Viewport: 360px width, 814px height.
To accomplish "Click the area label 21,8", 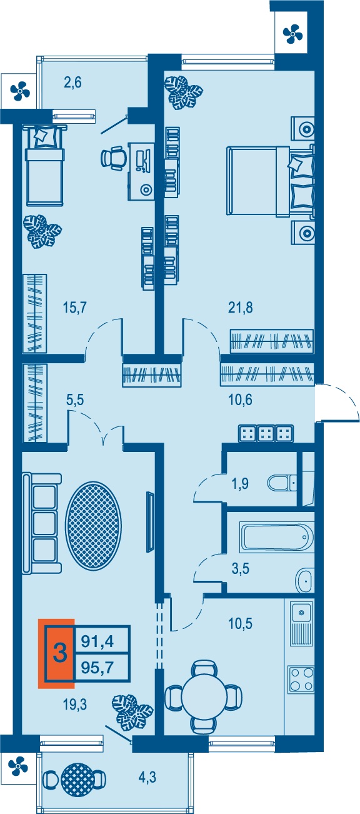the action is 240,308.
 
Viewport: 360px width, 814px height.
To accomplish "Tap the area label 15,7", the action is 74,308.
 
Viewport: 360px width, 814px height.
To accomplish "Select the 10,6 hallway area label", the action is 240,400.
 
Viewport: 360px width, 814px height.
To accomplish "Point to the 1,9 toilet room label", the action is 240,484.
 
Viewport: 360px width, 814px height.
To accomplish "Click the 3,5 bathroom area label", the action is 241,568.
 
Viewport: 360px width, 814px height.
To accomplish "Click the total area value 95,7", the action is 97,667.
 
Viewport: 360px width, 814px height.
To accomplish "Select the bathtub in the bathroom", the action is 276,536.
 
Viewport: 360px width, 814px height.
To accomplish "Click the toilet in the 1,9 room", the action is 282,483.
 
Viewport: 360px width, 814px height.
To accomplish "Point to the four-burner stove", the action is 301,679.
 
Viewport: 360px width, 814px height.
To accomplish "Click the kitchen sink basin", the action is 301,613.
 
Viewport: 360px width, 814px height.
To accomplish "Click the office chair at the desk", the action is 114,158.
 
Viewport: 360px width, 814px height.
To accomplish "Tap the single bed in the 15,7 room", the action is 45,164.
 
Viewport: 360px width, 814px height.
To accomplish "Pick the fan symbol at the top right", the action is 292,34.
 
